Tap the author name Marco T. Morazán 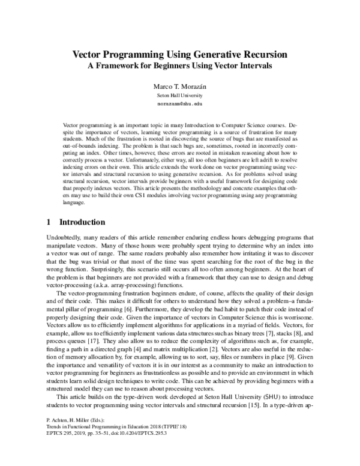180,87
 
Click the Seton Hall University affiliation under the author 180,96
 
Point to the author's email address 180,104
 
